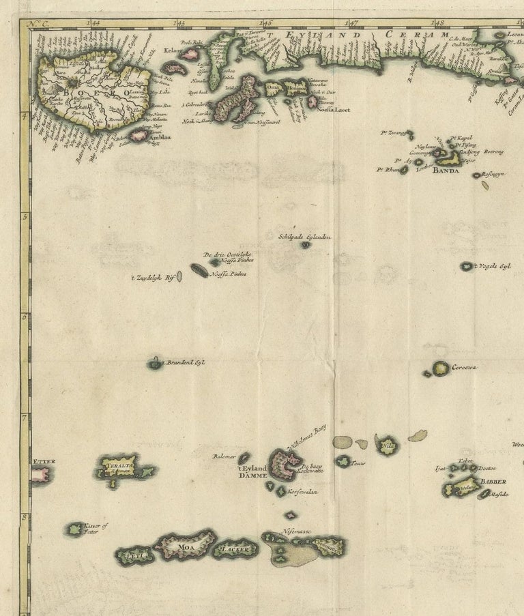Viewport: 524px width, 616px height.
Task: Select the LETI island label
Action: coord(130,556)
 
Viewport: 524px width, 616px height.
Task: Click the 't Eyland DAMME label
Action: coord(251,472)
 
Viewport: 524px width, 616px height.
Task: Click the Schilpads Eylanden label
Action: coord(304,237)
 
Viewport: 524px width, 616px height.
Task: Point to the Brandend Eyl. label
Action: coord(186,363)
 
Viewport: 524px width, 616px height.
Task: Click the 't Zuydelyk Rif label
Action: coord(153,277)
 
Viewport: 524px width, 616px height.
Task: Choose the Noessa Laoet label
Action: coord(334,108)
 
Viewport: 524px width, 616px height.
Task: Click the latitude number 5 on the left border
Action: coord(24,217)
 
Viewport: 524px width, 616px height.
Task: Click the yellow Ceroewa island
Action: coord(441,368)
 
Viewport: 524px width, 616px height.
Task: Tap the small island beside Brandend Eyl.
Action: coord(155,364)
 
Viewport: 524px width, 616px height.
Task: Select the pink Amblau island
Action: coord(139,136)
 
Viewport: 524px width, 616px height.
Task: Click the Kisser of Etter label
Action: coord(96,529)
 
